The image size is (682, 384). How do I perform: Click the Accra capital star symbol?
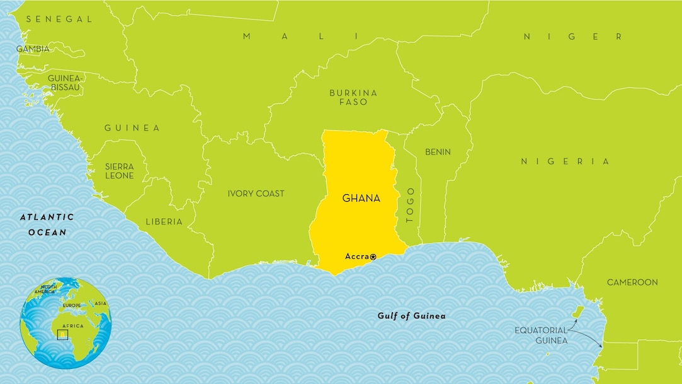point(373,257)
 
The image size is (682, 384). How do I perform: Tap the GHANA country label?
point(361,198)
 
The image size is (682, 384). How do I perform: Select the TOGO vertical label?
point(410,206)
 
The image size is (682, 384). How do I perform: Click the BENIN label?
point(438,152)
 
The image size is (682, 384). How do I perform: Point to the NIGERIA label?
point(565,161)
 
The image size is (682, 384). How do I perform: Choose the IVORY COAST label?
point(256,194)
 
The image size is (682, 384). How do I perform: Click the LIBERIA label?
point(164,221)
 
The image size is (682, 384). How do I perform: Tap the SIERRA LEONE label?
point(119,171)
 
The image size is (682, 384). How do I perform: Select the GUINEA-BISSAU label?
point(64,83)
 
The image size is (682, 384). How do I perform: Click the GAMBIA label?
point(33,49)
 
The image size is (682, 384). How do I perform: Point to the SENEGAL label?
point(59,19)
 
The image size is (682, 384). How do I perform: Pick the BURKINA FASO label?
point(353,97)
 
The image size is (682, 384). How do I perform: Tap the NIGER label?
point(572,37)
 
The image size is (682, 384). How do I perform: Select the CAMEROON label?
point(632,282)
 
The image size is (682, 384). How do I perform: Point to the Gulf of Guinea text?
point(411,316)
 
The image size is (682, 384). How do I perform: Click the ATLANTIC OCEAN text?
point(47,224)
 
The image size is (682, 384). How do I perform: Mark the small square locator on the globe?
point(62,334)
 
